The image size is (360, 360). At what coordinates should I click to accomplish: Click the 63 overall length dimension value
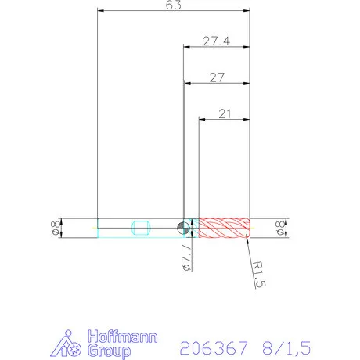tap(174, 5)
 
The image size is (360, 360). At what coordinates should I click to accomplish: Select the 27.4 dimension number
tap(215, 41)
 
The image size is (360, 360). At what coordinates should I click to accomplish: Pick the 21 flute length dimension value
tap(225, 113)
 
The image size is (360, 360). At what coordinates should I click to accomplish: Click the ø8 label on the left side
tap(53, 228)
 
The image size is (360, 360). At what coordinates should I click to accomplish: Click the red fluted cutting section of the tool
tap(224, 228)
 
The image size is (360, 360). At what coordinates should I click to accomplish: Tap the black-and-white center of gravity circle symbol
tap(182, 228)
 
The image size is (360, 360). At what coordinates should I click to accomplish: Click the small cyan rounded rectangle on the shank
tap(142, 228)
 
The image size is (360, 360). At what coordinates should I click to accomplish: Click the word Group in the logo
tap(109, 351)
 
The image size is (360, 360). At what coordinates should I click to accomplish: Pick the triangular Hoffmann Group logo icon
tap(71, 345)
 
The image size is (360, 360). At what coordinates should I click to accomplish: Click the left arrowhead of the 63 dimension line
tap(100, 11)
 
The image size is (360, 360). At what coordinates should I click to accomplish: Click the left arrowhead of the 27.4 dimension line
tap(186, 47)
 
